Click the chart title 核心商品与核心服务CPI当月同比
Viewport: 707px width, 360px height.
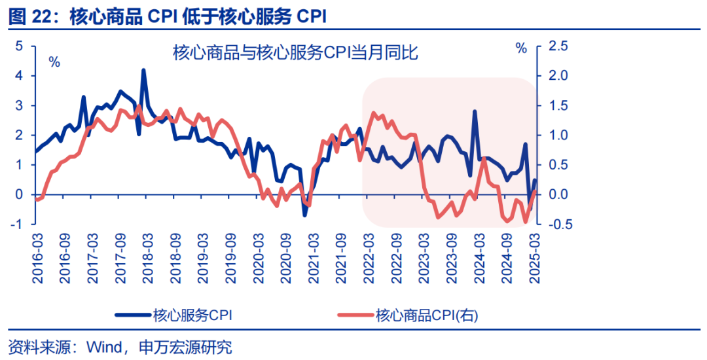pyautogui.click(x=295, y=52)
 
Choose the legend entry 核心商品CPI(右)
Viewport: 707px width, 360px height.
pyautogui.click(x=426, y=315)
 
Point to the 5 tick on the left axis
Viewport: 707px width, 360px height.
pyautogui.click(x=20, y=46)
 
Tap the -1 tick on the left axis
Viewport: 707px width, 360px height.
pyautogui.click(x=17, y=225)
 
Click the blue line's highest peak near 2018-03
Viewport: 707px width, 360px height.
pyautogui.click(x=143, y=70)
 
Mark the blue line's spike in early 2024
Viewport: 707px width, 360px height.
pyautogui.click(x=474, y=111)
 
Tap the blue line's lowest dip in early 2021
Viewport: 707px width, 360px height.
pyautogui.click(x=304, y=215)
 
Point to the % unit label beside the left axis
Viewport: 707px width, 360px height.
pyautogui.click(x=54, y=62)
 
